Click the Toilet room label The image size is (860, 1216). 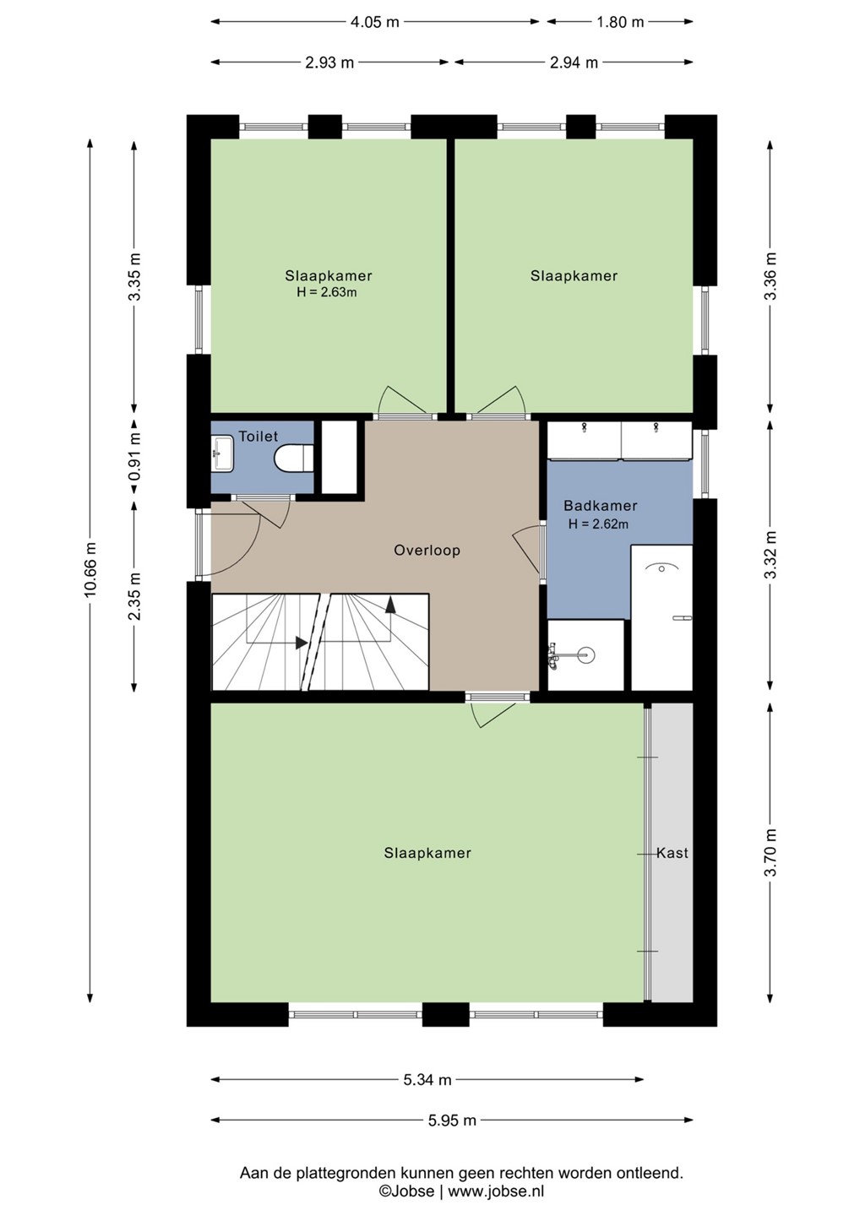pyautogui.click(x=259, y=436)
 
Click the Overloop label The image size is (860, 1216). pyautogui.click(x=427, y=550)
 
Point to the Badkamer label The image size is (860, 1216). pyautogui.click(x=600, y=505)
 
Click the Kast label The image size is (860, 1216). pyautogui.click(x=672, y=853)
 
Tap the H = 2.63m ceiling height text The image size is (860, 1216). pyautogui.click(x=327, y=292)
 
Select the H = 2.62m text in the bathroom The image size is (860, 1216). pyautogui.click(x=598, y=524)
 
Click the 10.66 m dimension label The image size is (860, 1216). pyautogui.click(x=90, y=569)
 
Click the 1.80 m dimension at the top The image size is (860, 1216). pyautogui.click(x=619, y=22)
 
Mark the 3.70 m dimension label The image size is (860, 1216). pyautogui.click(x=770, y=853)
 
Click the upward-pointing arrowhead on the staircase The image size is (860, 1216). pyautogui.click(x=389, y=605)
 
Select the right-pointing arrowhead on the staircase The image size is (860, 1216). pyautogui.click(x=302, y=643)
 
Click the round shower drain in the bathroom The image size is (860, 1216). pyautogui.click(x=585, y=654)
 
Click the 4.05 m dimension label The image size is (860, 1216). pyautogui.click(x=374, y=22)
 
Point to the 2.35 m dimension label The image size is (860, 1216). pyautogui.click(x=135, y=596)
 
